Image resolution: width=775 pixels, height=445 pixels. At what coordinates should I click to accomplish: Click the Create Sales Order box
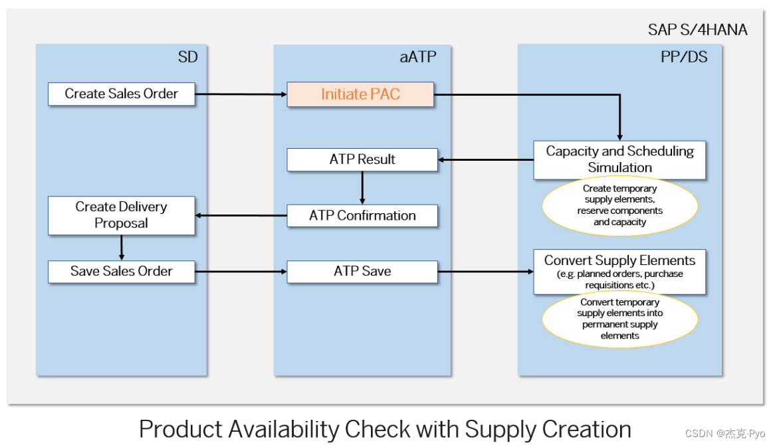click(x=122, y=94)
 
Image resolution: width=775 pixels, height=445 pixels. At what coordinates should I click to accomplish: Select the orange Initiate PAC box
click(x=360, y=94)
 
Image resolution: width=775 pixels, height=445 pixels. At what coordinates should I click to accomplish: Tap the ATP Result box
click(x=362, y=159)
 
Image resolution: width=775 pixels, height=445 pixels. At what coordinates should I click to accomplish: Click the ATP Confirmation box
click(x=362, y=216)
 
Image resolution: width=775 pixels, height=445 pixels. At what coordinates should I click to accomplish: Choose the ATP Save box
click(x=362, y=272)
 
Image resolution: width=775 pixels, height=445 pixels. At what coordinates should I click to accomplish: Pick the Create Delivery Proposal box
click(x=121, y=215)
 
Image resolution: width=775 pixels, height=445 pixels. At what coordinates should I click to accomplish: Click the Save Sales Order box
click(x=121, y=272)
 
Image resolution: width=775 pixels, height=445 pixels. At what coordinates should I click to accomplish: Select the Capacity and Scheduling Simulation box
click(x=619, y=159)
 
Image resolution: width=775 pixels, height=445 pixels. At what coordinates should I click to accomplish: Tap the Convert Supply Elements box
click(x=619, y=272)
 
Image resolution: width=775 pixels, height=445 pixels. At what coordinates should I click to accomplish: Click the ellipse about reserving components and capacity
click(x=619, y=206)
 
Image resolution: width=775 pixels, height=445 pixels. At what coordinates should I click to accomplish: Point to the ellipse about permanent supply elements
click(x=619, y=319)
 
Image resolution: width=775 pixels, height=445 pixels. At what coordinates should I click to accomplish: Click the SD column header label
click(x=187, y=57)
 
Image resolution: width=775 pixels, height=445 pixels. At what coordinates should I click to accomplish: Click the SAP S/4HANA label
click(x=697, y=30)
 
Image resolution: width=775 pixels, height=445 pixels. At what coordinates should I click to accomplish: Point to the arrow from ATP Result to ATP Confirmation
click(x=362, y=188)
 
